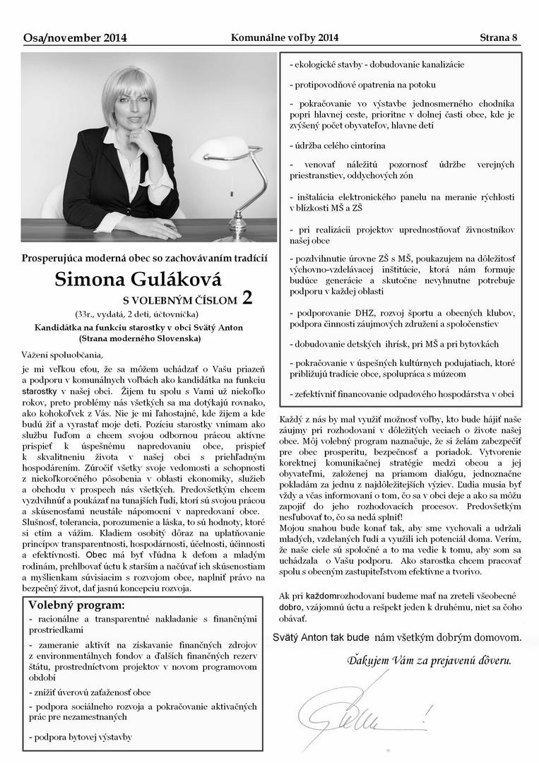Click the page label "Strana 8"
click(499, 37)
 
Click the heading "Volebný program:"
click(76, 605)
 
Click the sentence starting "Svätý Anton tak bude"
click(396, 637)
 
